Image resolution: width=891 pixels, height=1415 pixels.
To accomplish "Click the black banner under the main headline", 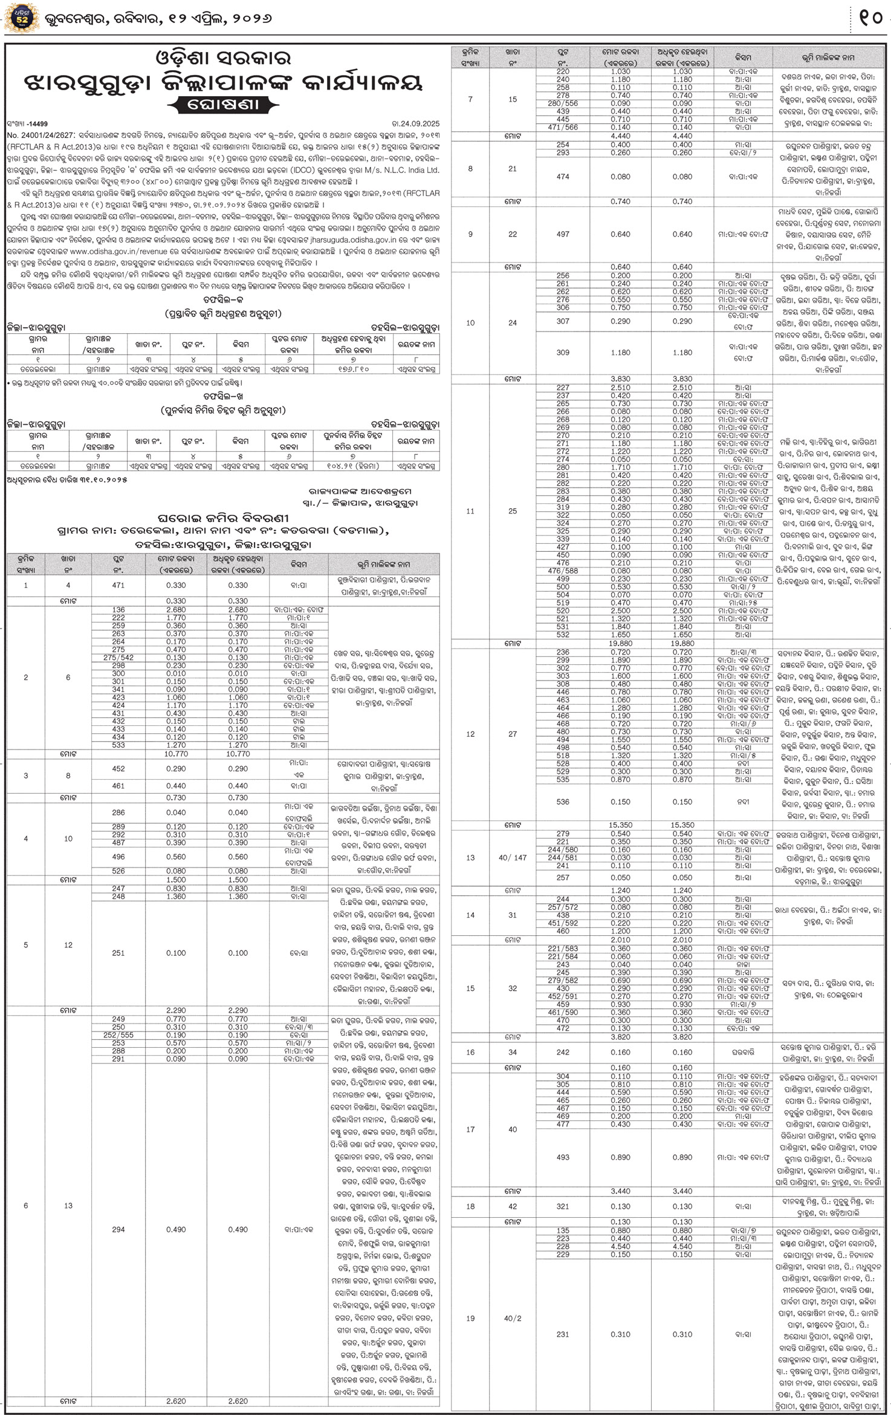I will [223, 104].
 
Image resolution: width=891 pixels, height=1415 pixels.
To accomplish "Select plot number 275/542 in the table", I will [118, 657].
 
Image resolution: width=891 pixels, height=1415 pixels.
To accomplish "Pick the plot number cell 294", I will [118, 1229].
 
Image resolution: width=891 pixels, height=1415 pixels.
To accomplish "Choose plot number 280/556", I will [563, 103].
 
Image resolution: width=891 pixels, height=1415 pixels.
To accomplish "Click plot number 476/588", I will [563, 570].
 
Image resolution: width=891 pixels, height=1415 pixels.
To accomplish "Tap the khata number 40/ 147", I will [513, 857].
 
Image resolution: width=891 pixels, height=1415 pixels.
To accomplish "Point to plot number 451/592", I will [563, 923].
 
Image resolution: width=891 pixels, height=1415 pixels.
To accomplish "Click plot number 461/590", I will [563, 1011].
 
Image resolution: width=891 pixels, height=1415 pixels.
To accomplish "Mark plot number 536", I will [563, 802].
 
